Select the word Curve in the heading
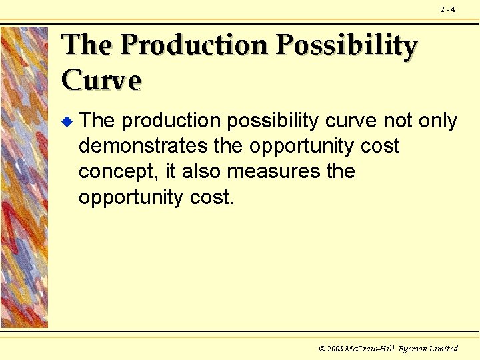coord(101,80)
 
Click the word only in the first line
coord(437,121)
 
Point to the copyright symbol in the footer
coord(323,349)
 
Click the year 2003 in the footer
coord(335,349)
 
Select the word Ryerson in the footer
coord(413,349)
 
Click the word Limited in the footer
coord(445,349)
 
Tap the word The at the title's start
coord(87,45)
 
